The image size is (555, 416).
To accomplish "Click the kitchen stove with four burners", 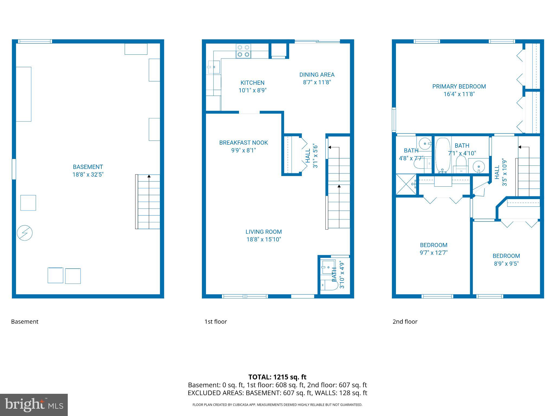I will [x=243, y=51].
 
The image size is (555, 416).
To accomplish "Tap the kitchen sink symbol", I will [x=214, y=67].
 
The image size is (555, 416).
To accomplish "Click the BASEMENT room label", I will [x=88, y=167].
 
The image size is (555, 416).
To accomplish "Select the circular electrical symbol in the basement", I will [x=25, y=233].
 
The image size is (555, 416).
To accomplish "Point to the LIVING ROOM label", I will [x=263, y=232].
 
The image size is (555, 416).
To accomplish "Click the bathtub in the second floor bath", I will [x=443, y=155].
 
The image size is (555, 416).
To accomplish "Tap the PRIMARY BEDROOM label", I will [x=459, y=87].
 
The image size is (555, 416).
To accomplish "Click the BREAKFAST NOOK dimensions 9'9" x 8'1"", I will [x=243, y=150].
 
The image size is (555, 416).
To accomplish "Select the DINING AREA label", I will [x=317, y=75].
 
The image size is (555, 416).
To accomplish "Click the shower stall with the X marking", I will [x=406, y=184].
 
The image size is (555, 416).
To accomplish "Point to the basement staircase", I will [x=148, y=202].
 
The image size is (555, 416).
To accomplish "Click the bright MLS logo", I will [x=34, y=405].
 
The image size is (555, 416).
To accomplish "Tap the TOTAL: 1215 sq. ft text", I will [x=277, y=377].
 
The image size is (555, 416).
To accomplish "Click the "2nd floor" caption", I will [x=405, y=322].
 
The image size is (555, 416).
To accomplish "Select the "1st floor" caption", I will [x=215, y=322].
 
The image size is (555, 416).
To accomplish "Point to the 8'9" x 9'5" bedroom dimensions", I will [x=506, y=264].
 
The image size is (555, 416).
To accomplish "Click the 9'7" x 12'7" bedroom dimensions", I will [x=433, y=253].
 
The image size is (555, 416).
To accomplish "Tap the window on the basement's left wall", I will [x=14, y=169].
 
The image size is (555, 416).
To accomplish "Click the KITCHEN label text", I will [x=252, y=83].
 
